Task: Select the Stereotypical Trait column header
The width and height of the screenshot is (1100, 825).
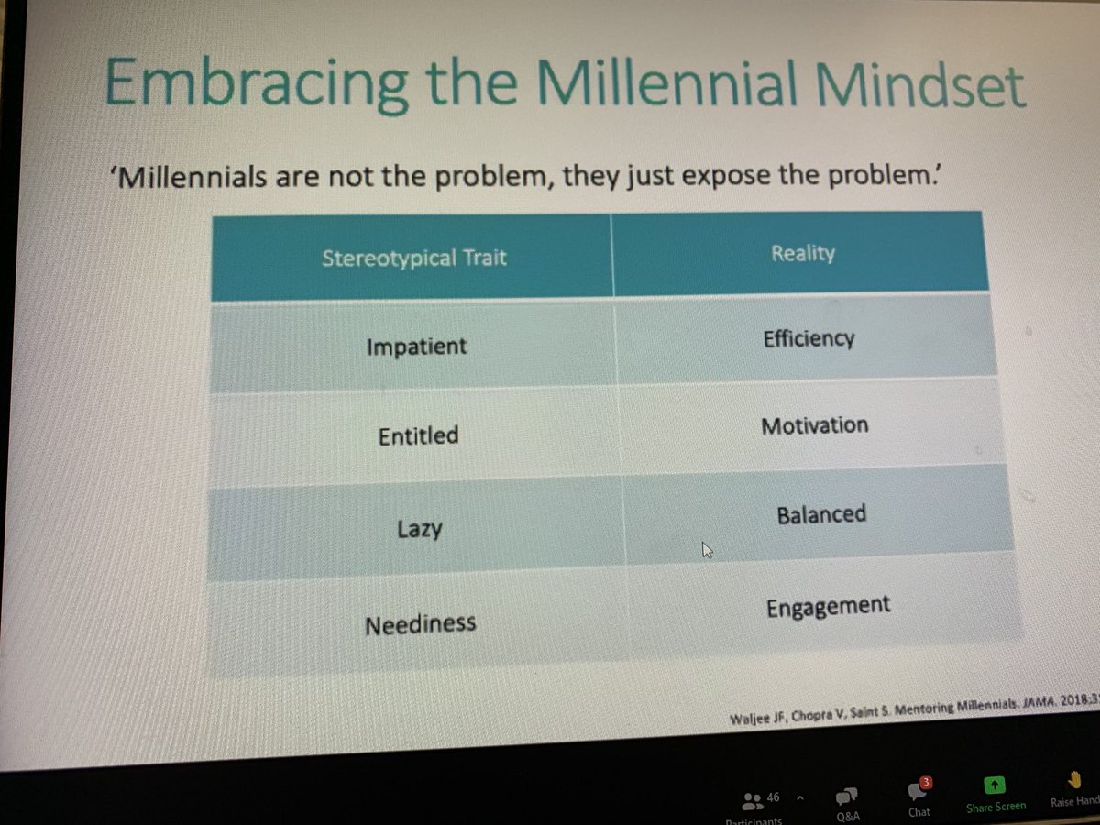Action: [413, 257]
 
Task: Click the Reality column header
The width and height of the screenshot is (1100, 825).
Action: [803, 253]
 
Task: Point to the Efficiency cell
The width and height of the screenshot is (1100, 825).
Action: [808, 338]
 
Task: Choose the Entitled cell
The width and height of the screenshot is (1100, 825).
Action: [418, 435]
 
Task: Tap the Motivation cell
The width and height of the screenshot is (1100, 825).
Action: [814, 425]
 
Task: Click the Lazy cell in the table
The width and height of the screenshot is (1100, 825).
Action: [419, 528]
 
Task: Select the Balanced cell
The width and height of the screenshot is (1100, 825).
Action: [820, 514]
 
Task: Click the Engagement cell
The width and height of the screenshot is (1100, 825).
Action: [828, 606]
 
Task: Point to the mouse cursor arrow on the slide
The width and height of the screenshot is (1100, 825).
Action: [707, 550]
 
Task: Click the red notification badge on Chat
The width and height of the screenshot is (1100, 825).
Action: [926, 782]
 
